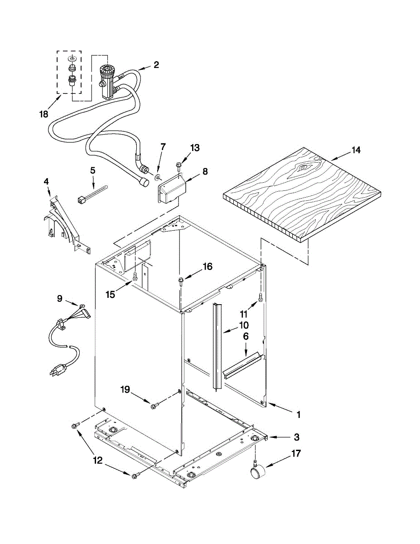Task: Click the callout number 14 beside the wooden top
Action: [356, 151]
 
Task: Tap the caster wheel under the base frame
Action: [258, 473]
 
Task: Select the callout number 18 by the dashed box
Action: [43, 114]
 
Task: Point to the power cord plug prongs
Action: [54, 371]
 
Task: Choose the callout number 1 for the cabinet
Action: [299, 414]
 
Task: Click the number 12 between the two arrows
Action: [98, 461]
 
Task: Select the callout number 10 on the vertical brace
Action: [244, 325]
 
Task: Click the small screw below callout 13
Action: [179, 168]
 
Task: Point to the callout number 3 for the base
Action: [296, 437]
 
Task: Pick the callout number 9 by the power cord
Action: [60, 298]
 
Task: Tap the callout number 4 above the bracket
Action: [47, 182]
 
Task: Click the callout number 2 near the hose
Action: [156, 65]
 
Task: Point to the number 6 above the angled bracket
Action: [246, 336]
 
